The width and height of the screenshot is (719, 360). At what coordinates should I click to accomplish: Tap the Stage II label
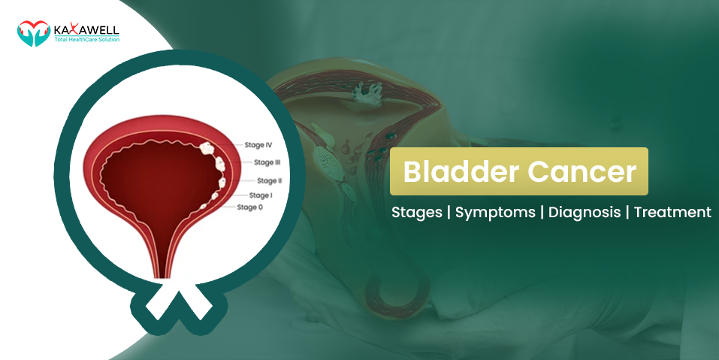click(x=269, y=180)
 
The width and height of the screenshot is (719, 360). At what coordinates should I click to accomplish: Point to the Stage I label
click(x=261, y=195)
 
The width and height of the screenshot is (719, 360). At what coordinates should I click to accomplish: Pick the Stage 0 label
click(x=250, y=207)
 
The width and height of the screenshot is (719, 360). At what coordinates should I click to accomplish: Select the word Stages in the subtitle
click(x=417, y=212)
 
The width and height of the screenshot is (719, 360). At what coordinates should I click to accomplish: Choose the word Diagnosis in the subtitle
click(x=585, y=212)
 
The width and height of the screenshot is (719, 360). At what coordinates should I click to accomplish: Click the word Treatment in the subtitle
click(x=672, y=212)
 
